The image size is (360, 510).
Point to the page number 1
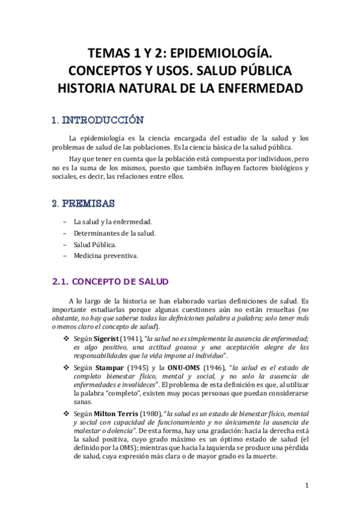coord(306,485)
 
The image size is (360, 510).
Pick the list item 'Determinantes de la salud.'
coord(106,233)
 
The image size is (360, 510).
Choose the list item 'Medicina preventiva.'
coord(97,256)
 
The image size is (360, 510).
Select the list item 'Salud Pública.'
coord(89,244)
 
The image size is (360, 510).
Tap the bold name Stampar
coord(108,367)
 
